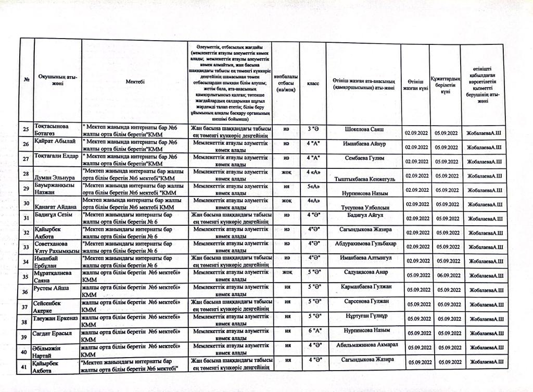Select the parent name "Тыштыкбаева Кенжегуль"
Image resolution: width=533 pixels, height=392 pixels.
[364, 179]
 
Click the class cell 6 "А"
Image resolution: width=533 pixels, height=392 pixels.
[313, 331]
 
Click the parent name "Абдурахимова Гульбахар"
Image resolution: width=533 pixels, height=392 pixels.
[364, 243]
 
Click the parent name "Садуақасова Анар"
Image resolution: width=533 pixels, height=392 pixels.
[364, 272]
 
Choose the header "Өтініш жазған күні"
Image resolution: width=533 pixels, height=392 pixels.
[415, 84]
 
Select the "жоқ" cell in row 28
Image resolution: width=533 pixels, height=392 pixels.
[286, 171]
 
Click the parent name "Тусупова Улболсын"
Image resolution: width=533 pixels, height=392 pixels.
[364, 207]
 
